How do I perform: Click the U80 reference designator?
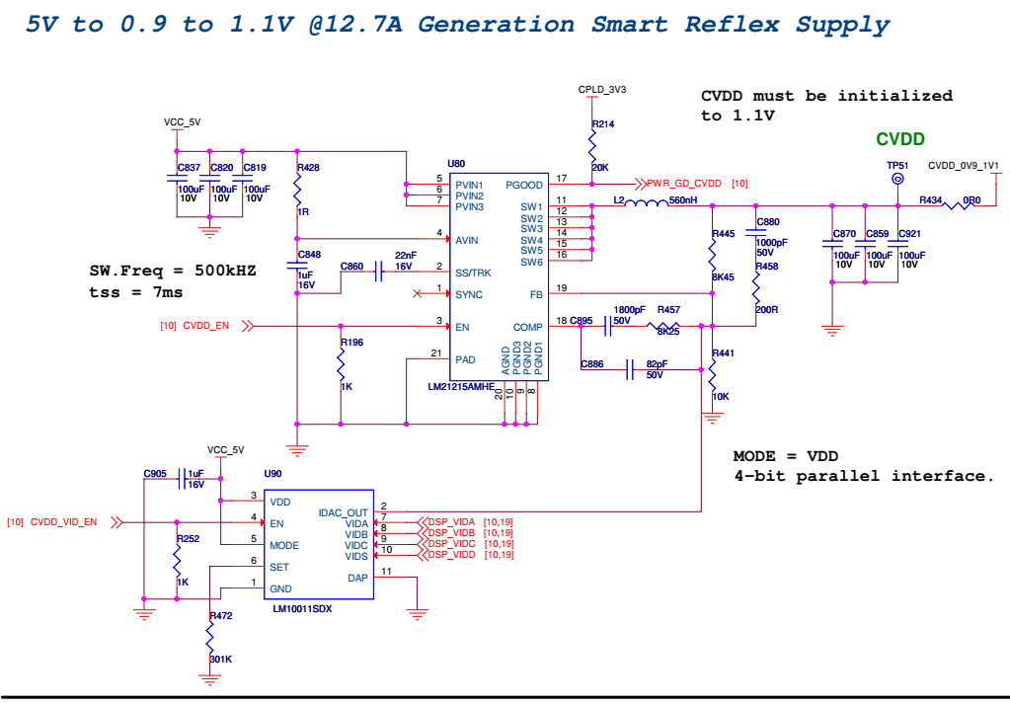(456, 163)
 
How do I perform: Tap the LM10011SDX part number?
(304, 609)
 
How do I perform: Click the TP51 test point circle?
(897, 179)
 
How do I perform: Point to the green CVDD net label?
(900, 140)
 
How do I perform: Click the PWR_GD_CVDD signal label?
(684, 184)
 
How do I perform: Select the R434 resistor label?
(930, 199)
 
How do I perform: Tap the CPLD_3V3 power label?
(602, 89)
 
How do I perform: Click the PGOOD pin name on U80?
(523, 185)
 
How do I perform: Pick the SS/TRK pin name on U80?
(472, 273)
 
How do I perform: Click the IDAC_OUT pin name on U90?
(343, 512)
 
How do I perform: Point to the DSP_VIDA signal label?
(451, 521)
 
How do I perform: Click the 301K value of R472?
(220, 659)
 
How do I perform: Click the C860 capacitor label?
(351, 267)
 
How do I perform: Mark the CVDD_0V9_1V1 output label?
(964, 166)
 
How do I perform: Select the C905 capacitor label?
(155, 474)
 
